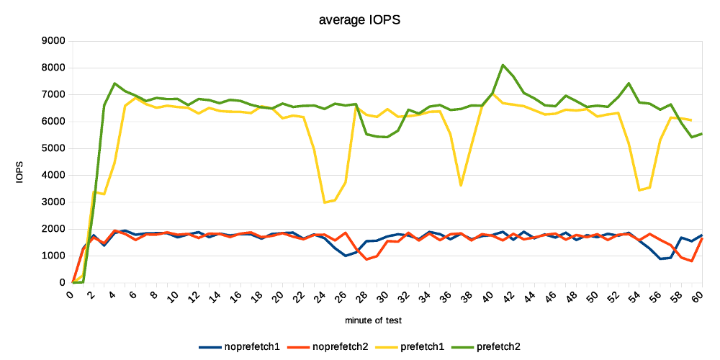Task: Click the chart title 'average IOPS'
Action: [x=359, y=20]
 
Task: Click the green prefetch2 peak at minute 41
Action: [x=503, y=65]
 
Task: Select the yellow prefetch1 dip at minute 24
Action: [x=325, y=202]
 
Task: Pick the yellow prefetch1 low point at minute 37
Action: [x=461, y=186]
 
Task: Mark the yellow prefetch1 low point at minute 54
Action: [x=639, y=190]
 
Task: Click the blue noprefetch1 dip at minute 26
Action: [x=346, y=256]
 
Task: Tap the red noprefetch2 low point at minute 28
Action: [x=366, y=259]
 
